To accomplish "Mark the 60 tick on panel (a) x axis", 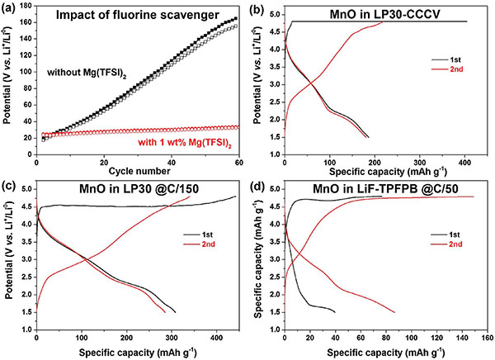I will tap(238, 162).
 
